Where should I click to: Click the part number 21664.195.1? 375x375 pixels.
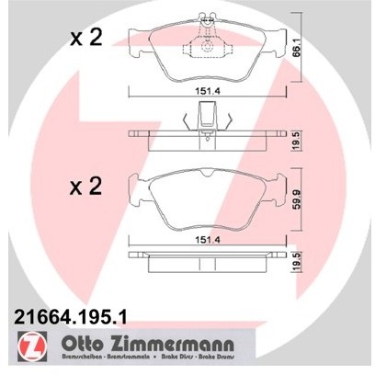[x=70, y=316]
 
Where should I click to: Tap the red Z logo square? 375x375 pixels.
[x=32, y=346]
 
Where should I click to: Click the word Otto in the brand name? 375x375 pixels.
[x=82, y=344]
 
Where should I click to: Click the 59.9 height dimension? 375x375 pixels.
[x=296, y=199]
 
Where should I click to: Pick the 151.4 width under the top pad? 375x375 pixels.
[x=208, y=92]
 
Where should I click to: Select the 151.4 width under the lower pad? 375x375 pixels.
[x=208, y=241]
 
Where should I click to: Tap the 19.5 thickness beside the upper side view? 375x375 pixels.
[x=296, y=141]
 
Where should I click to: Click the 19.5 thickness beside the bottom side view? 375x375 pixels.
[x=296, y=262]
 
